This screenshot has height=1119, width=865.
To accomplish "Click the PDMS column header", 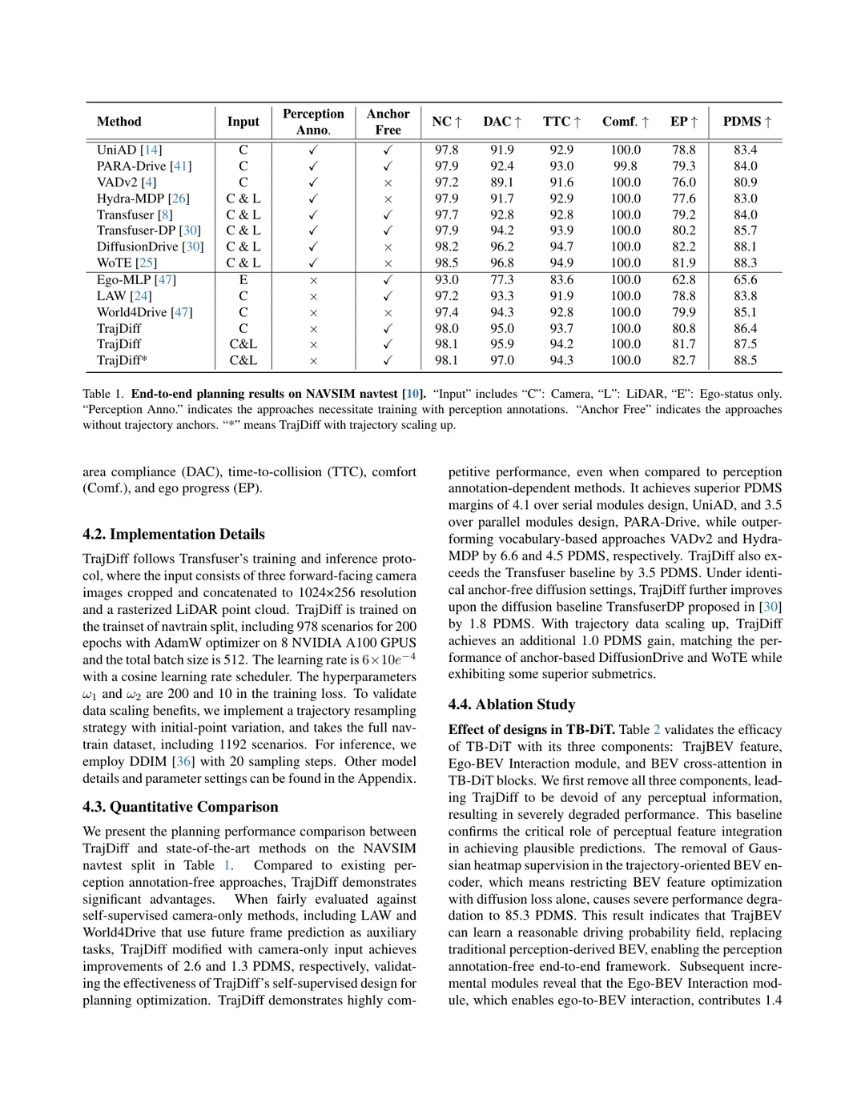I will point(746,122).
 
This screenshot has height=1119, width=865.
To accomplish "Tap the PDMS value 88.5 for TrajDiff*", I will point(745,360).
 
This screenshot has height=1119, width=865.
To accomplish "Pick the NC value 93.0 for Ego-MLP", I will point(446,280).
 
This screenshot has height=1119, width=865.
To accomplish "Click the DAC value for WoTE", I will point(502,263).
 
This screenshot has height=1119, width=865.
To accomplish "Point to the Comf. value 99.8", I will point(626,166).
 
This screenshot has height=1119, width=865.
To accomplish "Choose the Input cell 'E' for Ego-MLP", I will point(243,280).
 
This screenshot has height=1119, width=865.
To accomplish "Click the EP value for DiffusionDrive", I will point(683,247).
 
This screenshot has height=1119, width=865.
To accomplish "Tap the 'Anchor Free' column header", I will point(388,122).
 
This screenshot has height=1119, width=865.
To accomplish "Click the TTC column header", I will point(561,122).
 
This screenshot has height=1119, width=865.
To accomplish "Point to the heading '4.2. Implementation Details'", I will point(173,534).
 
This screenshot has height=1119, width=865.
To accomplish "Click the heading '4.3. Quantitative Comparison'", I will point(180,807).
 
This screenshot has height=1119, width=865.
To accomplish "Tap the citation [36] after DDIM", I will point(183,761).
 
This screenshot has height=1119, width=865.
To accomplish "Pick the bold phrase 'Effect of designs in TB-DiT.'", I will point(532,730).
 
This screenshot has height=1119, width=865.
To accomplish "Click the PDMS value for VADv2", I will point(745,182).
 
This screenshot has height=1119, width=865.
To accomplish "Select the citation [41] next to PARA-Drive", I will point(180,166).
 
